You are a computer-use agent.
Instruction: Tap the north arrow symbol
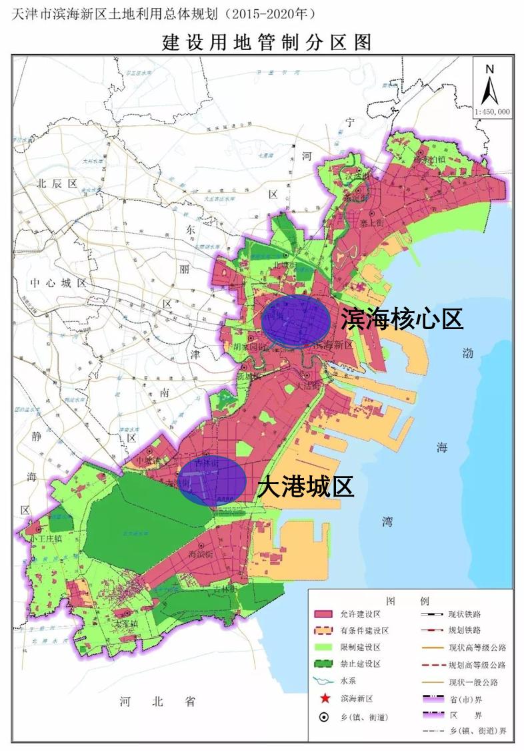pos(490,85)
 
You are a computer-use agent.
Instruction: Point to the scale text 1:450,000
pos(492,112)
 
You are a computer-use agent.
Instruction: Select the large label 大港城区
pos(305,487)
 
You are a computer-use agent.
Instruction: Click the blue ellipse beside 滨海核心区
pos(295,321)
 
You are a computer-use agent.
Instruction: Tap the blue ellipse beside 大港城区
pos(213,481)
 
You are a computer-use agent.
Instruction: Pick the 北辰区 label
pos(58,183)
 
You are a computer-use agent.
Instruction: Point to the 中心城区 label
pos(59,283)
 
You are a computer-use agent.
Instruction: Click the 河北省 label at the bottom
pos(157,702)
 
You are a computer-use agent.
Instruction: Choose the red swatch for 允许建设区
pos(325,613)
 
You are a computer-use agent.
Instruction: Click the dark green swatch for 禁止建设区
pos(325,664)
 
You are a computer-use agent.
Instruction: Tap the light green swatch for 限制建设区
pos(325,648)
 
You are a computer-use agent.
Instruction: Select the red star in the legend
pos(324,699)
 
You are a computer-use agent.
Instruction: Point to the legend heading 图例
pos(411,596)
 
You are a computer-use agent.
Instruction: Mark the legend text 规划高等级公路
pos(477,665)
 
